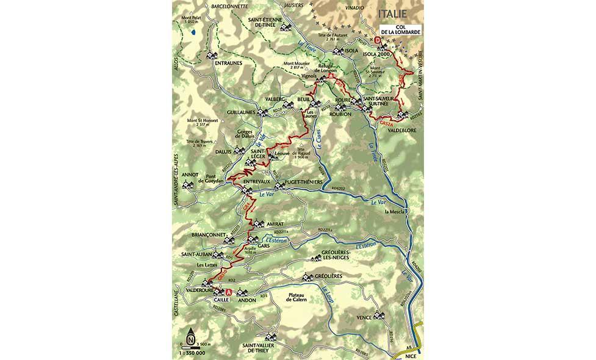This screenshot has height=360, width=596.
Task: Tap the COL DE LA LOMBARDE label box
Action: click(x=397, y=29)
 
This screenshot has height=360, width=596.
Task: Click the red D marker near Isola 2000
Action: click(x=378, y=41)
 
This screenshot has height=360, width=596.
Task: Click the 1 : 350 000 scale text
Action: click(x=192, y=353)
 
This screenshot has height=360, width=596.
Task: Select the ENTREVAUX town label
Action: click(x=256, y=182)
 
